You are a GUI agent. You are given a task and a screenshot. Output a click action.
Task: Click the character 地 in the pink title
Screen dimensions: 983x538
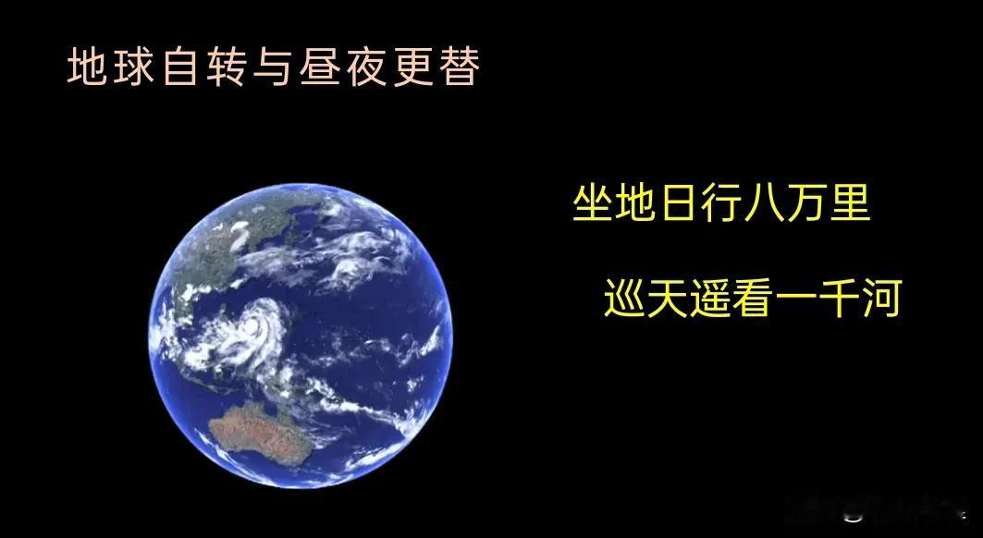[x=87, y=67]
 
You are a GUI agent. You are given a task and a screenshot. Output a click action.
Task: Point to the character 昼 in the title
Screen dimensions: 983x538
[x=320, y=67]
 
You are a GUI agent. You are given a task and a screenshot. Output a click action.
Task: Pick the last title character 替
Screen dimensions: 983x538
[x=461, y=67]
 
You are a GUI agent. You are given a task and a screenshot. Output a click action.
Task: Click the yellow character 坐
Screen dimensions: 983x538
[x=593, y=203]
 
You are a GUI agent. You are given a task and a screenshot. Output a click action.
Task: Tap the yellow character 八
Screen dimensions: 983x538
[x=764, y=203]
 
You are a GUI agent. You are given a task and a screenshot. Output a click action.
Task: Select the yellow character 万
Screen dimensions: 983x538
[x=807, y=203]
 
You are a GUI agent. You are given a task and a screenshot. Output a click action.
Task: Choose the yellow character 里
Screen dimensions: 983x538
[x=851, y=203]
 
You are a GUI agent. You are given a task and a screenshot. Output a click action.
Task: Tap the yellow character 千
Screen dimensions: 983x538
[x=840, y=299]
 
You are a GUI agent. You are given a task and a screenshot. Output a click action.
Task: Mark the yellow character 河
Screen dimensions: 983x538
[x=882, y=299]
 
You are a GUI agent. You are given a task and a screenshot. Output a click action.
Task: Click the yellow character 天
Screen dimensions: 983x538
[x=667, y=299]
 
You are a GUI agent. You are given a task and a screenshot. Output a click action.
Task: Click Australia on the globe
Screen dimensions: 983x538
[x=260, y=433]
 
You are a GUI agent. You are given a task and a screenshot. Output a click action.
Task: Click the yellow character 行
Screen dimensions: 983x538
[x=721, y=203]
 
